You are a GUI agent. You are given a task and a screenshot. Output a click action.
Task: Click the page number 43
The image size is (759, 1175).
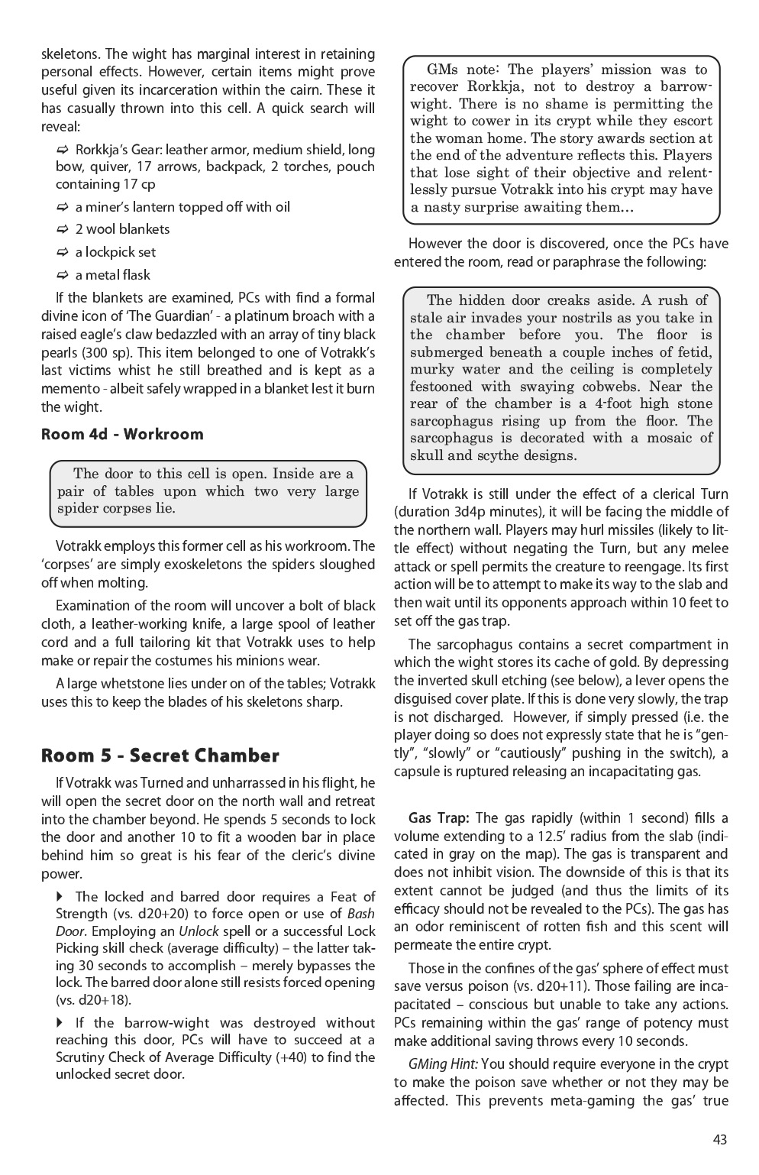719,1139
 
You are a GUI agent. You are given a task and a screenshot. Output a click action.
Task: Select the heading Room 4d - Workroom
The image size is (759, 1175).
122,434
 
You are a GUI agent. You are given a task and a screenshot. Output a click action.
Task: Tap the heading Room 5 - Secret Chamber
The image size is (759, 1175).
160,756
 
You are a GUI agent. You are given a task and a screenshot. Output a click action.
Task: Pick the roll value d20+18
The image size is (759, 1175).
95,999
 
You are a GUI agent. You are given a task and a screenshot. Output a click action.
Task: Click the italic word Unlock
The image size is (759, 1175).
199,931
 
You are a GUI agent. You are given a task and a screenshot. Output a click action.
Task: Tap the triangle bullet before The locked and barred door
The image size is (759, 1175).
60,896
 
